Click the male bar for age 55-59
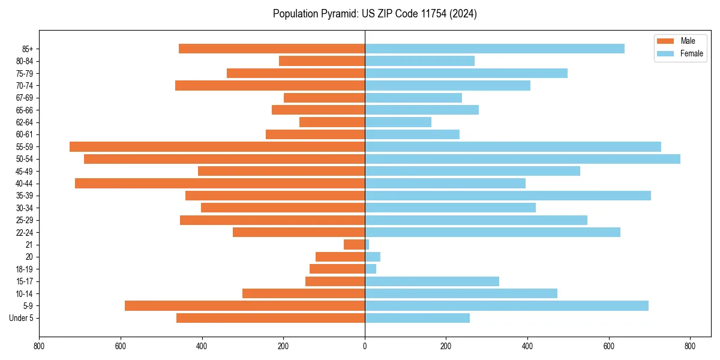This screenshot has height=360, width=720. click(217, 146)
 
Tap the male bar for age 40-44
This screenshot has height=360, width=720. click(220, 183)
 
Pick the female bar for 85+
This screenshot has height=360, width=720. click(494, 49)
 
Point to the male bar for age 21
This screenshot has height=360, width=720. click(354, 244)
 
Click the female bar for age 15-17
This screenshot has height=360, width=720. click(432, 281)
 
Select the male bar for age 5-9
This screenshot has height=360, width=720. click(245, 305)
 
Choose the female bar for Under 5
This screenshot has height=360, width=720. click(417, 318)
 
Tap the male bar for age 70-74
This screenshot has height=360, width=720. click(270, 85)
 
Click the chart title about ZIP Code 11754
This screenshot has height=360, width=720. click(374, 14)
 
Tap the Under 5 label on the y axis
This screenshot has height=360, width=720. click(22, 318)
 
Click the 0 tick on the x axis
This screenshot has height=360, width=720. click(365, 346)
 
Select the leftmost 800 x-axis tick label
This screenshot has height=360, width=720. click(40, 346)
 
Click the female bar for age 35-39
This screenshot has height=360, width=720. click(508, 196)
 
